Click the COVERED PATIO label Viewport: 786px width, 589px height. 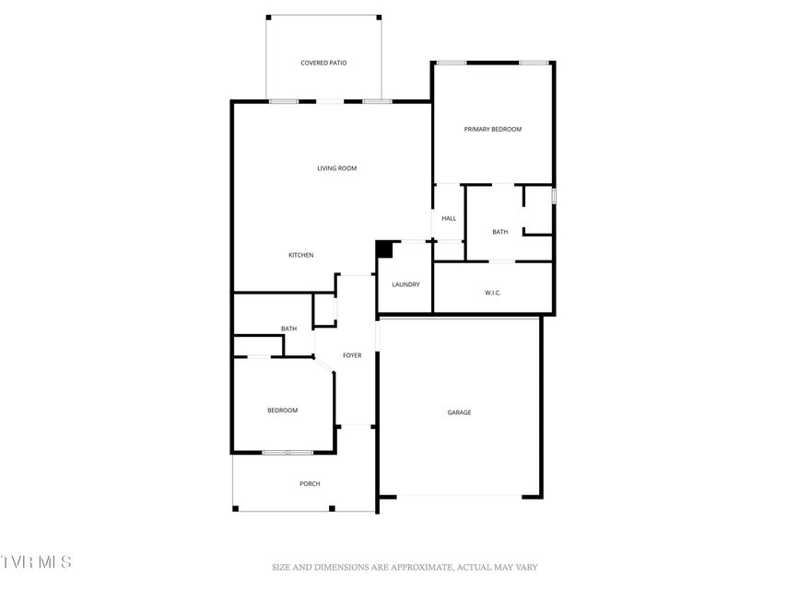tap(323, 64)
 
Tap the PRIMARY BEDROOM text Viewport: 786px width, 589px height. tap(493, 129)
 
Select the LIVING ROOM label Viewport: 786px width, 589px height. tap(337, 168)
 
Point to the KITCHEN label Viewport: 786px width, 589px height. tap(300, 256)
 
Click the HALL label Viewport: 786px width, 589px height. tap(449, 218)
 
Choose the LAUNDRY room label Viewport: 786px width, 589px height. tap(405, 284)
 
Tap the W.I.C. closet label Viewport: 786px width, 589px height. tap(493, 293)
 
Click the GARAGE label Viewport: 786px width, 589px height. tap(459, 412)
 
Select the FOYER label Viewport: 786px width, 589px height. tap(352, 355)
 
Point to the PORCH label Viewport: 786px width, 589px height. tap(310, 484)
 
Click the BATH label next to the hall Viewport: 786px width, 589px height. tap(499, 232)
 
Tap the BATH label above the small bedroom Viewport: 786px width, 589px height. tap(288, 329)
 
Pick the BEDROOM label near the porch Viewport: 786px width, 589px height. tap(282, 410)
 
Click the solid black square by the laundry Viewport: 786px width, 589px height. tap(384, 249)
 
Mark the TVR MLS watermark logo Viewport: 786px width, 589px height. tap(36, 561)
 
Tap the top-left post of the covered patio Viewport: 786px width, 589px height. tap(268, 17)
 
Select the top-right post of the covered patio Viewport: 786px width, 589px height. tap(379, 17)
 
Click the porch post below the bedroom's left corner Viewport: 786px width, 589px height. tap(236, 509)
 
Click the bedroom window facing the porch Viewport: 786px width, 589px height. tap(287, 453)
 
